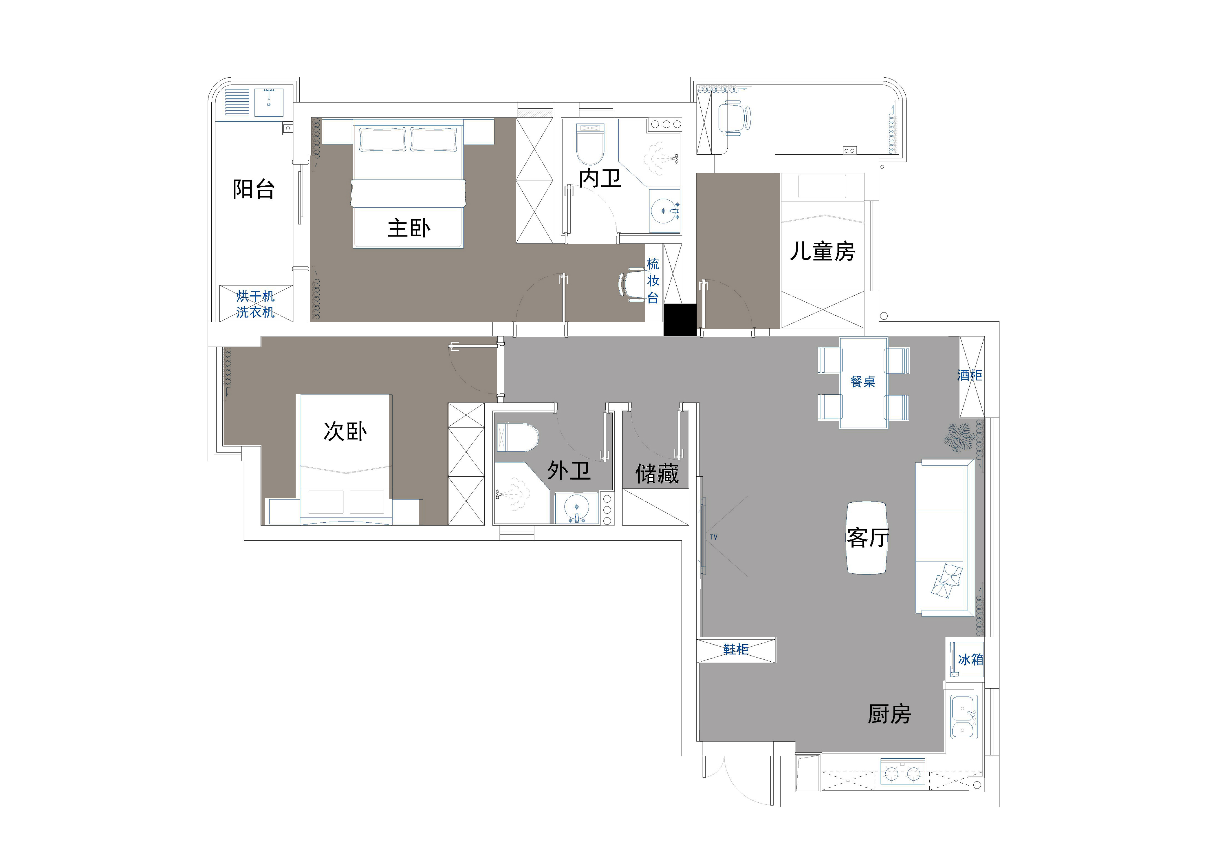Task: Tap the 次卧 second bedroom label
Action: [x=345, y=431]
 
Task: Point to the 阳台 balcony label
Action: [x=254, y=189]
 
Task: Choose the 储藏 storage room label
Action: [x=657, y=474]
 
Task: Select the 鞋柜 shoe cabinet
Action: [x=736, y=650]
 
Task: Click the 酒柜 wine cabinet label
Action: [x=970, y=376]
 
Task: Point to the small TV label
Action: [x=713, y=537]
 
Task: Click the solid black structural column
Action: [x=680, y=320]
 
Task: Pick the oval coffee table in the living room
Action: [x=867, y=537]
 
